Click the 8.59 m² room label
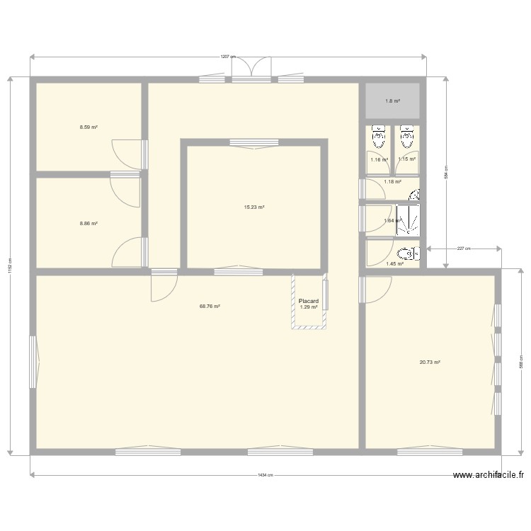(x=88, y=127)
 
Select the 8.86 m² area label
(x=88, y=223)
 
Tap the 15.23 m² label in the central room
(x=254, y=207)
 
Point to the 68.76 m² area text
(x=210, y=307)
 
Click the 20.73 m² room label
(x=430, y=362)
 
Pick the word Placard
(x=309, y=301)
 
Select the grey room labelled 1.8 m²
(x=393, y=101)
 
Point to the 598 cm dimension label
(x=520, y=361)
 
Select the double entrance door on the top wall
(x=251, y=67)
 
